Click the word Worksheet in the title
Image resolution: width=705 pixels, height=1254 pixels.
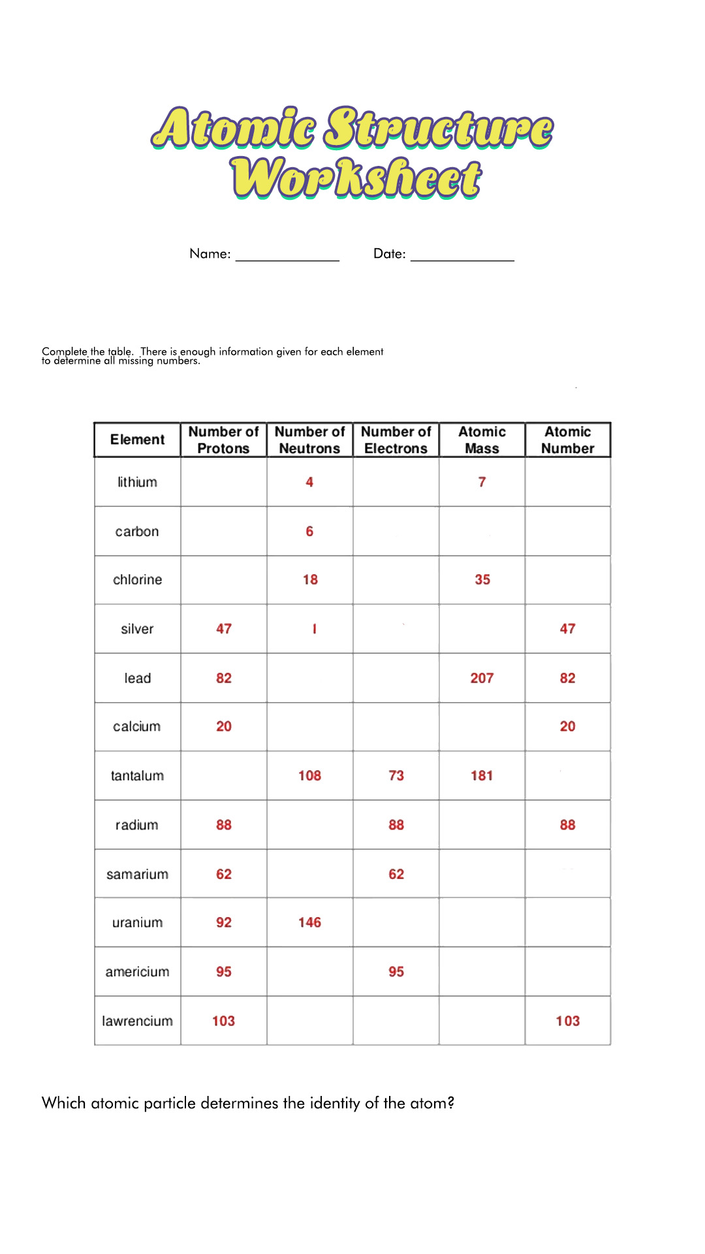(356, 178)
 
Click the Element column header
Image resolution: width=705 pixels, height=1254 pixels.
(137, 440)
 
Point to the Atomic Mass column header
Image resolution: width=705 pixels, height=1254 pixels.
(482, 440)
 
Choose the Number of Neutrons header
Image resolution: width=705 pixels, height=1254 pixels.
(309, 440)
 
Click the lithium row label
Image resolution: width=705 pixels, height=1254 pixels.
(137, 482)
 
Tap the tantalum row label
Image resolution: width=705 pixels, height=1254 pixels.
(137, 776)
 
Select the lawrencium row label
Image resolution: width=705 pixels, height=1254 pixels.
(137, 1021)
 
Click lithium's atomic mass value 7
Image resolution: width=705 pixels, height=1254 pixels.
(482, 482)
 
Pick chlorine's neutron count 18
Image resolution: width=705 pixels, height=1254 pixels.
(310, 579)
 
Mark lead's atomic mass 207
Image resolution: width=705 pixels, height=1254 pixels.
(482, 678)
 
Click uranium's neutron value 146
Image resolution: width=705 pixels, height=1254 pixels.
(309, 922)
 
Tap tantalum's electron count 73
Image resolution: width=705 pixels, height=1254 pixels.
(396, 776)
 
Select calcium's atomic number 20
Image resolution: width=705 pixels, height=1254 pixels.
(567, 726)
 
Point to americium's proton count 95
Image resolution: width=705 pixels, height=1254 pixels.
(224, 972)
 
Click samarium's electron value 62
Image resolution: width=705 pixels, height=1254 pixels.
(396, 874)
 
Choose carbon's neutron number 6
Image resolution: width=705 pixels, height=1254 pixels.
(309, 531)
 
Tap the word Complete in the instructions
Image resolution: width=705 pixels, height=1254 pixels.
(64, 351)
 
